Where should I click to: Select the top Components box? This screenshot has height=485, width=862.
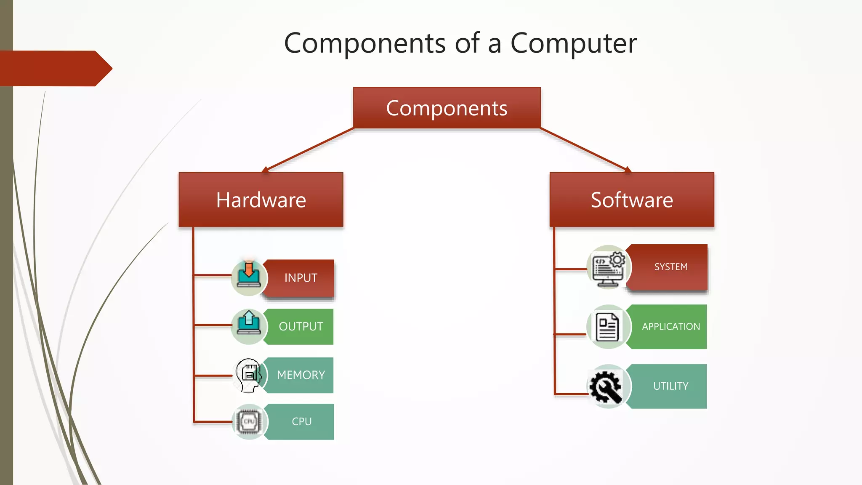[447, 108]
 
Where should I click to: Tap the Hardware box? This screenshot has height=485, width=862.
[261, 200]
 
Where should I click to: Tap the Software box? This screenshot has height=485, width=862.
[632, 200]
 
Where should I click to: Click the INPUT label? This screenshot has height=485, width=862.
[301, 278]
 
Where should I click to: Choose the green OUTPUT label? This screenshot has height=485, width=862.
[301, 327]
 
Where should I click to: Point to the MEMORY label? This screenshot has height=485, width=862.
[301, 375]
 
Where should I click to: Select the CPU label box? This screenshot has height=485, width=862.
[301, 421]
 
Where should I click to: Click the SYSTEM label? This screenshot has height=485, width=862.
[670, 267]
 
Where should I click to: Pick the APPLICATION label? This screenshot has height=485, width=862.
[670, 327]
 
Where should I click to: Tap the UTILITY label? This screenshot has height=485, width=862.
[670, 386]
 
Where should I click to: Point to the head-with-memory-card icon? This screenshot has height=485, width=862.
[249, 374]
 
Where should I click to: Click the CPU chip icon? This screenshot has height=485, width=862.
[249, 421]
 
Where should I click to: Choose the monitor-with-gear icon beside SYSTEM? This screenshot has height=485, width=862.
[608, 267]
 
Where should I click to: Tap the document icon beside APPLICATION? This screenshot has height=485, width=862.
[607, 327]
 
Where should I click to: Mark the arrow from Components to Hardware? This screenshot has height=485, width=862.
[309, 150]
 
